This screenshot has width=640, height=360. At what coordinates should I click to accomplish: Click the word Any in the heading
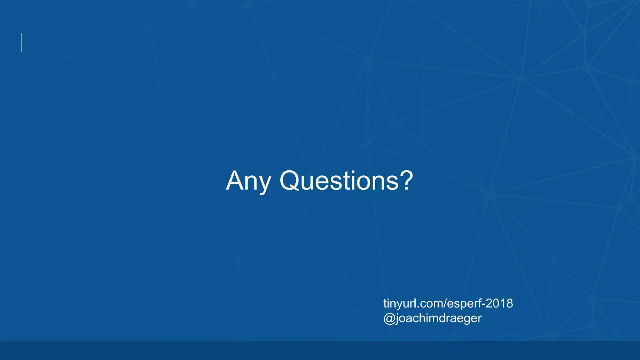coord(248,181)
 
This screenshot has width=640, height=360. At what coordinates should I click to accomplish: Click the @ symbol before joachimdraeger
coord(389,318)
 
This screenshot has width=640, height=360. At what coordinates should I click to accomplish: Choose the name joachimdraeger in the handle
coord(438,318)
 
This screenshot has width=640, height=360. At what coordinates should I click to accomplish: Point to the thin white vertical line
coord(22,42)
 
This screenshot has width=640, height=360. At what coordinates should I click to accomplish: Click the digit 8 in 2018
coord(509,303)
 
